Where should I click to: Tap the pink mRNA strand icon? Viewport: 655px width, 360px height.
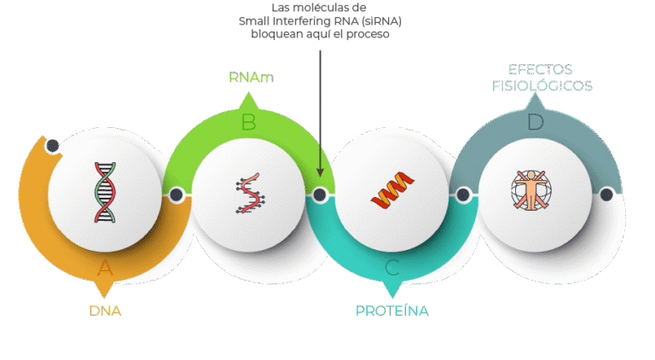click(x=248, y=195)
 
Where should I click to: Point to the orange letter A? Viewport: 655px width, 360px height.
click(x=105, y=269)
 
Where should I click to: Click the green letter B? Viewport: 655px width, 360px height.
click(x=248, y=123)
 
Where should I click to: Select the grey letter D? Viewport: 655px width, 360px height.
click(x=535, y=123)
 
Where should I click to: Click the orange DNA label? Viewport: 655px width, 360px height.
click(x=105, y=311)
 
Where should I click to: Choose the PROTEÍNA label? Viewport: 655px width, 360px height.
click(x=392, y=311)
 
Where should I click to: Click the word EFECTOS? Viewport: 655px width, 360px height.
click(x=540, y=69)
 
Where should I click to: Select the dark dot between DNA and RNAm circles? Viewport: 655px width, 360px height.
click(x=177, y=195)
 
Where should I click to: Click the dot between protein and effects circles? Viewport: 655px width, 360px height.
click(x=463, y=195)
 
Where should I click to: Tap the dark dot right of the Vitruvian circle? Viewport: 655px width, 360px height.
click(x=606, y=195)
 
